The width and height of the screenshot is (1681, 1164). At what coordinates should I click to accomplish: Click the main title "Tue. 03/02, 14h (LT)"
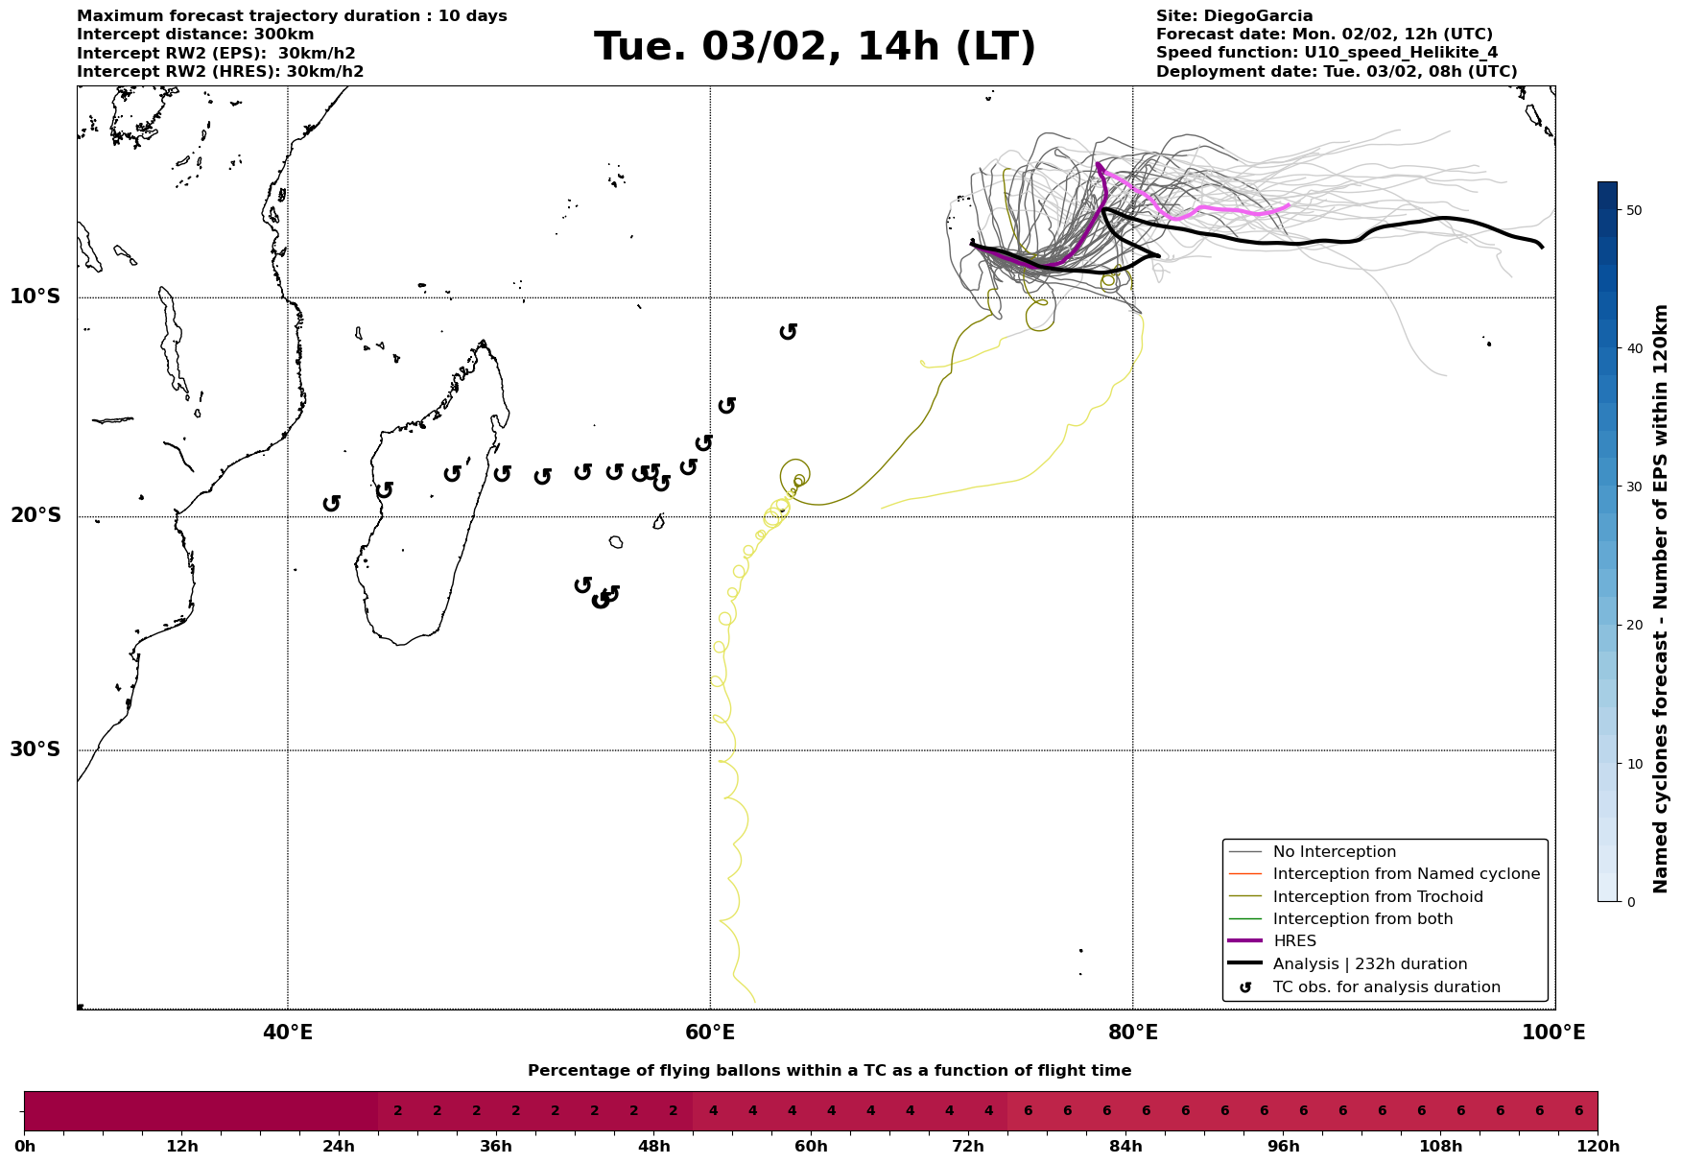click(815, 47)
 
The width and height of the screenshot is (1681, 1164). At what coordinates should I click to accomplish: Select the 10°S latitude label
click(36, 297)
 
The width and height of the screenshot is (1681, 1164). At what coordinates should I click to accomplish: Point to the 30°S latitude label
click(36, 749)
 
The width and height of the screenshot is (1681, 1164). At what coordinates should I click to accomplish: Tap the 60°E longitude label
click(710, 1033)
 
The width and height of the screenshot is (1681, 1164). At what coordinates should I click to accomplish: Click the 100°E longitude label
click(1554, 1033)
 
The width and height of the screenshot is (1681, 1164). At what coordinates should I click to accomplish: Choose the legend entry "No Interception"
click(1334, 852)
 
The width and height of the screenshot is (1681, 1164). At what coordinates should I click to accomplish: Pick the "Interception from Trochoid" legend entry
click(1377, 897)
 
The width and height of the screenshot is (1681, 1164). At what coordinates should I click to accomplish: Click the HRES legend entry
click(1294, 941)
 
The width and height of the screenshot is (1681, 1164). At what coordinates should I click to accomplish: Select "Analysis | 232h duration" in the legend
click(1369, 964)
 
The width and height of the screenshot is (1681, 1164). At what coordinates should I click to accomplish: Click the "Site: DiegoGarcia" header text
click(1234, 16)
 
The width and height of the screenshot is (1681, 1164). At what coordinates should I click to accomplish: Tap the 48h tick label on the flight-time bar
click(654, 1147)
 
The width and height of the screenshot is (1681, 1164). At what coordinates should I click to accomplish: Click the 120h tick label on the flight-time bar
click(1597, 1147)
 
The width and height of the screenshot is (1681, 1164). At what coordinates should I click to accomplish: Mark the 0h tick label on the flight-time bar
click(25, 1147)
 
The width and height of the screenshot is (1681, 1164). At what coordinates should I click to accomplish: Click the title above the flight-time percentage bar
click(829, 1071)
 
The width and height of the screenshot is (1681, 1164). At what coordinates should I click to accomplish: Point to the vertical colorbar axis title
click(1661, 599)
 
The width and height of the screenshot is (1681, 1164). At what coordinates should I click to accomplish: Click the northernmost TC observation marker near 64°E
click(789, 331)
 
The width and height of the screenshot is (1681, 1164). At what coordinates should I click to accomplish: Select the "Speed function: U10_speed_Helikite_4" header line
click(1326, 53)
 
